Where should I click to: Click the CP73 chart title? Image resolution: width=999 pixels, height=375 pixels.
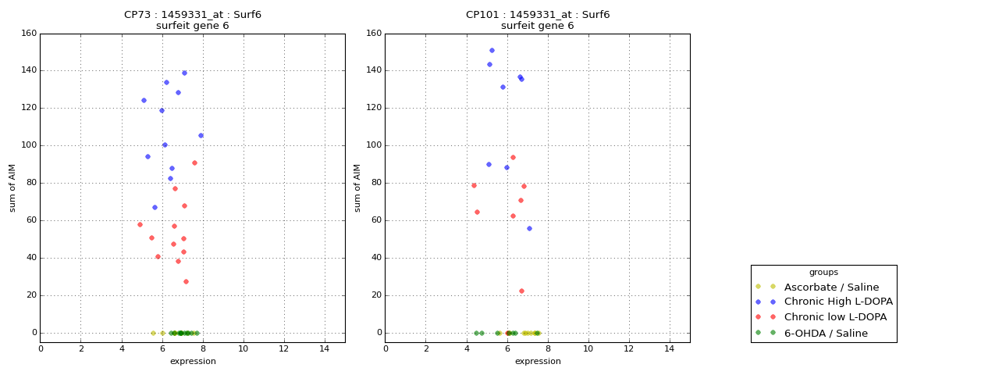(x=193, y=15)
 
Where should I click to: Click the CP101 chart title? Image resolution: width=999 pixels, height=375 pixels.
(x=538, y=15)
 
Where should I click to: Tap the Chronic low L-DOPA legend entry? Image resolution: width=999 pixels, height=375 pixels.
(x=835, y=317)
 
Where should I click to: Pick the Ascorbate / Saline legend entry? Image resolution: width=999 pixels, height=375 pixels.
(x=831, y=287)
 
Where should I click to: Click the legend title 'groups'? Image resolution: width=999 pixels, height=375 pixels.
(x=823, y=272)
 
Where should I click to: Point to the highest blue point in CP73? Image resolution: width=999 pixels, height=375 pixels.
(x=184, y=73)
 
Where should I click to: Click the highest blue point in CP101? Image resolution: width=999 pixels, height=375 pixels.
(x=492, y=50)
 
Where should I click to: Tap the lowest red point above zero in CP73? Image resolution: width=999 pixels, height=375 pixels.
(x=186, y=281)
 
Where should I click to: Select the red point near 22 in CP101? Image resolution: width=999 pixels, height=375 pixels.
(x=521, y=291)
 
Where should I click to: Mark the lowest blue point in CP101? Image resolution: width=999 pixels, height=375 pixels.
(x=529, y=228)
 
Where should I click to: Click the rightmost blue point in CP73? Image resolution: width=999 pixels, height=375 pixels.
(x=201, y=135)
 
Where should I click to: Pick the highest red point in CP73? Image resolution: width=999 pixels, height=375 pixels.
(x=194, y=162)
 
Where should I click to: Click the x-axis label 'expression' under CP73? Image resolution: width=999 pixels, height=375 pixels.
(x=193, y=361)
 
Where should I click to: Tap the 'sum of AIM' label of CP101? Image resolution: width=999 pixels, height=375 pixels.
(x=357, y=187)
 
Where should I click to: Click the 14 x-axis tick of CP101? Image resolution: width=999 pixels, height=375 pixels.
(x=669, y=348)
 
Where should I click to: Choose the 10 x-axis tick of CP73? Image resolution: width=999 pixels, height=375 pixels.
(x=243, y=348)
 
